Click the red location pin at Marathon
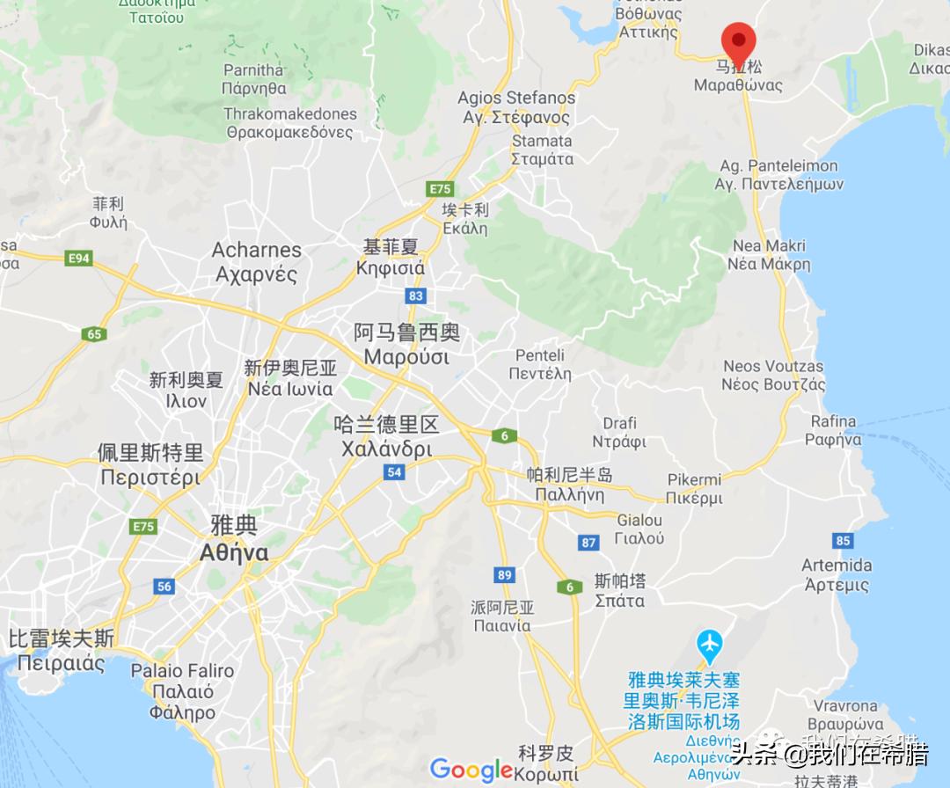[739, 40]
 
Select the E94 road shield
[79, 258]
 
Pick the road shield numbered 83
[416, 295]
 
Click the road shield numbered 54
[393, 472]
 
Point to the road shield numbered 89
[503, 575]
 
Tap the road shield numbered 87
[588, 543]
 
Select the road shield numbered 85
[844, 540]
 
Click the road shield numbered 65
[94, 333]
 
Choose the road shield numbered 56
[164, 587]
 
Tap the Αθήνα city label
[234, 552]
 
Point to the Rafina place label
[834, 421]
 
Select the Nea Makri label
[769, 246]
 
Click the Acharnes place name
[256, 251]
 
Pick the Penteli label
[540, 355]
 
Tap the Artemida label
[837, 565]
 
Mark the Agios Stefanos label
[516, 98]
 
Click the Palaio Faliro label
[182, 671]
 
